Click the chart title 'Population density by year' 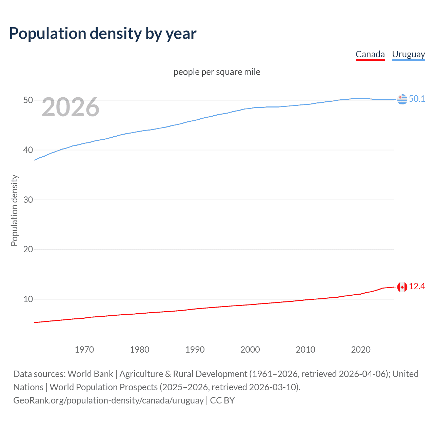[103, 34]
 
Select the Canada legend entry [370, 54]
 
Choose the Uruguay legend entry [408, 54]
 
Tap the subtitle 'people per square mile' [217, 72]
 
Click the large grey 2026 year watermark [71, 107]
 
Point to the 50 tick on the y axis [28, 100]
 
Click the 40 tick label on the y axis [28, 150]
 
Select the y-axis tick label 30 [28, 200]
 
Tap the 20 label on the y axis [28, 249]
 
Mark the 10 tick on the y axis [28, 299]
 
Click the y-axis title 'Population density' [14, 210]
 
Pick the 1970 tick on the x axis [84, 350]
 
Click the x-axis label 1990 [195, 350]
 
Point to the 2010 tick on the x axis [305, 350]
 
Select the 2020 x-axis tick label [361, 350]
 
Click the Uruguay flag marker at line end [402, 99]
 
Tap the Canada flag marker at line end [402, 287]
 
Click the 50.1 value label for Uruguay [417, 99]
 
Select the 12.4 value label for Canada [417, 287]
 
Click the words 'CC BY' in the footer [222, 400]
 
